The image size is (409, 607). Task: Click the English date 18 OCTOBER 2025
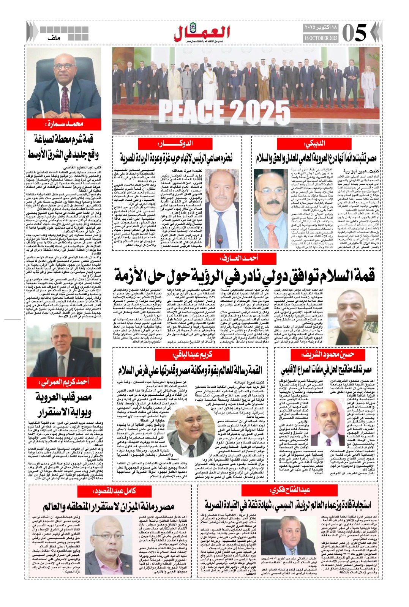tap(321, 38)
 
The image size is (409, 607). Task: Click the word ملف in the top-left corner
tap(55, 38)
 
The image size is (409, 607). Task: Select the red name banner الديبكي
tap(315, 144)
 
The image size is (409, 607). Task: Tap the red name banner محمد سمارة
tap(64, 124)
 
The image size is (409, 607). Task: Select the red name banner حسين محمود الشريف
tap(328, 355)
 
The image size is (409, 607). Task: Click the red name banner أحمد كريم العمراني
tap(63, 382)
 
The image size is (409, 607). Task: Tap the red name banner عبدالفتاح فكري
tap(291, 490)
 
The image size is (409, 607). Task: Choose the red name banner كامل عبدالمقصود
tap(114, 491)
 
